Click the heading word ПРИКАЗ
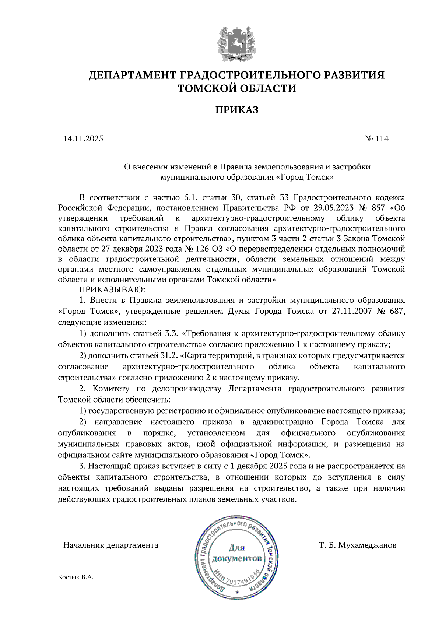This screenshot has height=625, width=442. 236,110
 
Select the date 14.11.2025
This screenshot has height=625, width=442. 83,139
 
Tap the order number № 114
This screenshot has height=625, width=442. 376,139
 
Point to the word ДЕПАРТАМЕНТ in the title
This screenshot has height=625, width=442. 132,75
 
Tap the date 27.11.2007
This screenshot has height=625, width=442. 352,311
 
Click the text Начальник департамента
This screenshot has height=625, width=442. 110,545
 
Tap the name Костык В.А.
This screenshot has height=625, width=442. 76,577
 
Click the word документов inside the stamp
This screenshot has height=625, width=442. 237,559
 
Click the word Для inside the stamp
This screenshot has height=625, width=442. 236,548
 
